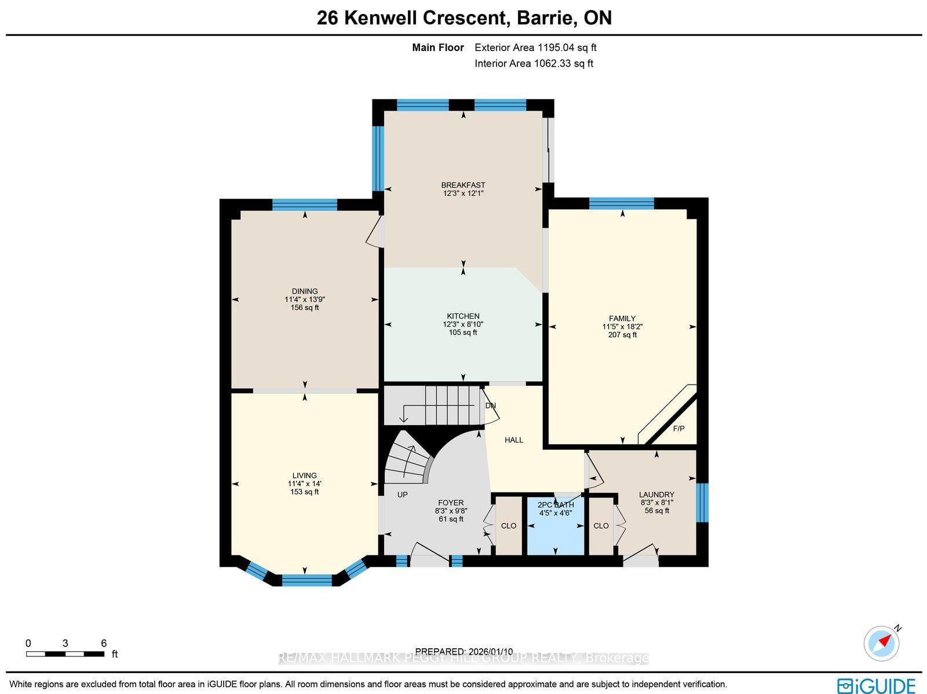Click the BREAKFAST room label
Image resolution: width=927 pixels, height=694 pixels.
pos(463,185)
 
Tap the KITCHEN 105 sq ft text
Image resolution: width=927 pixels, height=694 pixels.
pos(463,333)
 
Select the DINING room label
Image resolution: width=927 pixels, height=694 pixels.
pos(305,291)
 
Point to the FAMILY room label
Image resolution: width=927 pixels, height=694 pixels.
pos(622,319)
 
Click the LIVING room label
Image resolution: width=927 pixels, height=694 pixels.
pos(305,476)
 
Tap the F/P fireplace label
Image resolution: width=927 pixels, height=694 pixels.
pos(678,429)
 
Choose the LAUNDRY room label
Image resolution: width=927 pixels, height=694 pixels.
pos(656,495)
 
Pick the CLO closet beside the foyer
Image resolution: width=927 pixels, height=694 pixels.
pos(509,526)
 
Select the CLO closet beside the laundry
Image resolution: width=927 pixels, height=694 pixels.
pos(601,526)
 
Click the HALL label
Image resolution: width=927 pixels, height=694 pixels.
pos(514,440)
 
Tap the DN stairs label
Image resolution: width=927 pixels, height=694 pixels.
pos(491,406)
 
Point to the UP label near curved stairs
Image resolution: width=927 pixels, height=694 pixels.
pos(402,495)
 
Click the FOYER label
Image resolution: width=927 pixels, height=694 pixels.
pos(451,503)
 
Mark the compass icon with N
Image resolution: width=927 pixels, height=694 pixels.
pos(881,643)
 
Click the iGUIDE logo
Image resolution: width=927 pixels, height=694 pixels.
pos(876,685)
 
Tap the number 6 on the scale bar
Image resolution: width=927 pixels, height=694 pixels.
pos(104,643)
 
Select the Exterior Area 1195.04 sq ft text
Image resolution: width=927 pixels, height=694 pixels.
pos(535,48)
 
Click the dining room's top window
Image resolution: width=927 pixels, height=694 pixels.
pos(305,204)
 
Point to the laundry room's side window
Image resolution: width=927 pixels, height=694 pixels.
pos(702,502)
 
